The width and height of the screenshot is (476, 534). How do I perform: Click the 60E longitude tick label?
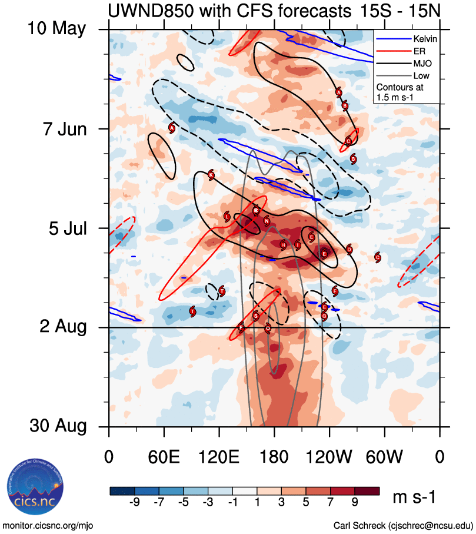[164, 457]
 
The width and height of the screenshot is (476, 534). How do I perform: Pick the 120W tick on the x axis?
[329, 457]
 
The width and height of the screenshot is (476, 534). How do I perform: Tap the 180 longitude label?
[274, 457]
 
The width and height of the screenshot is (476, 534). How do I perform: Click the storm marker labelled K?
[211, 174]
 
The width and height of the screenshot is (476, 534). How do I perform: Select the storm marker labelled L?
[227, 217]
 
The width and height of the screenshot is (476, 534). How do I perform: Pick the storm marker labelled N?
[267, 221]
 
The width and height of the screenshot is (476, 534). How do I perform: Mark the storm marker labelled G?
[324, 316]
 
